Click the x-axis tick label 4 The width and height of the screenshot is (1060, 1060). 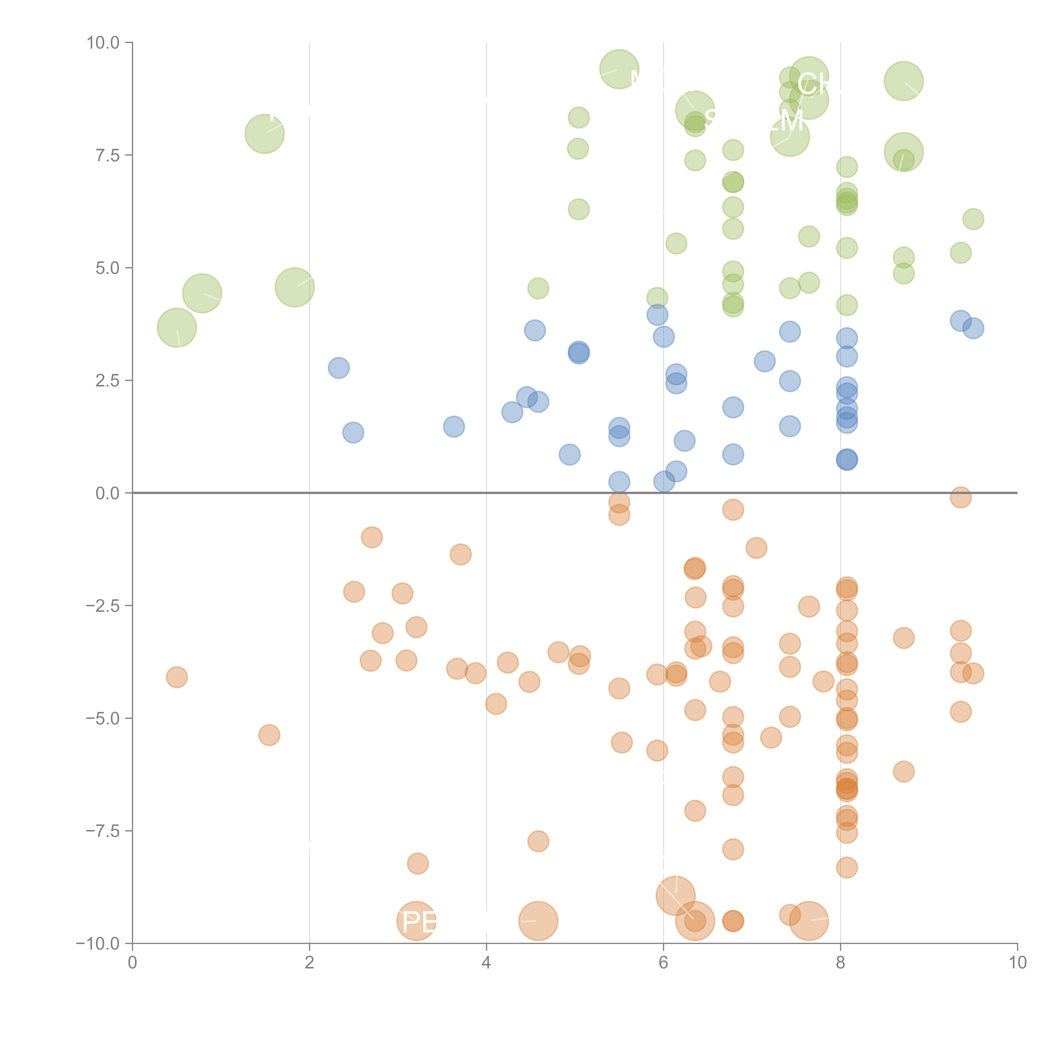486,962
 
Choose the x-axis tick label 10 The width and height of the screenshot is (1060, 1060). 1017,962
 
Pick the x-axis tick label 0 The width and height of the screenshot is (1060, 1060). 132,962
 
